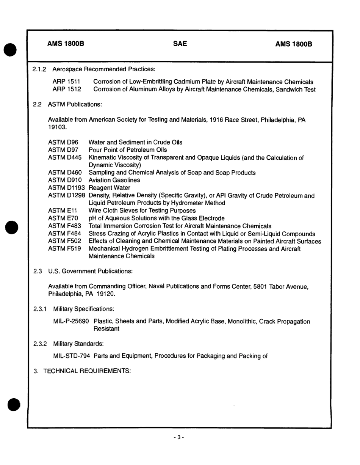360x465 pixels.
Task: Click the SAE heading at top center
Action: tap(180, 44)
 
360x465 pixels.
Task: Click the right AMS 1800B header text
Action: tap(294, 44)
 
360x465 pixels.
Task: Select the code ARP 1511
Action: tap(66, 82)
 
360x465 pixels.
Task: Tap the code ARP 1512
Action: tap(66, 90)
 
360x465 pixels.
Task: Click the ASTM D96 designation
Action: tap(63, 142)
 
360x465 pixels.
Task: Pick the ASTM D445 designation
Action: tap(65, 157)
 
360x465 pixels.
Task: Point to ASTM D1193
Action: tap(67, 188)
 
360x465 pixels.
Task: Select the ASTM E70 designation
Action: tap(63, 218)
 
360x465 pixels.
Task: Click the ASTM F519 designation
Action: tap(65, 249)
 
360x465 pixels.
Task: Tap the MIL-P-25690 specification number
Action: tap(72, 321)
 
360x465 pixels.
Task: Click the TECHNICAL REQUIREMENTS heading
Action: tap(87, 371)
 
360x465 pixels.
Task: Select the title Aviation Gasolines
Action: tap(114, 180)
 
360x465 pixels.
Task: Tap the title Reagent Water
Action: tap(109, 188)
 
